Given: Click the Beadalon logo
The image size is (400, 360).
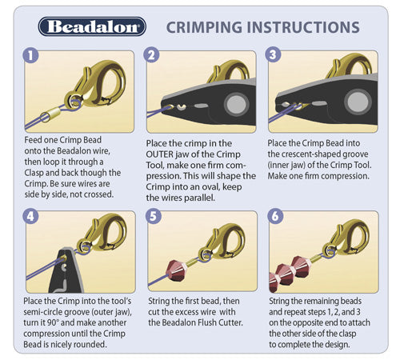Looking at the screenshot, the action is (92, 26).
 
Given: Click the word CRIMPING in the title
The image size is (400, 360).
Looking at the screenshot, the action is (204, 27).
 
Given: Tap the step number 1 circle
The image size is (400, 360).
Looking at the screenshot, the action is (30, 55).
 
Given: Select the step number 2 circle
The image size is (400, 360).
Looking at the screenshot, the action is (151, 55).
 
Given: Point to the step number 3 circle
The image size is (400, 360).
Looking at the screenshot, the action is (273, 54).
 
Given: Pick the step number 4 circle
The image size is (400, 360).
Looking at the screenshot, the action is (30, 216).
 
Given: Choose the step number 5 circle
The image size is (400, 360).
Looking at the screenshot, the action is (154, 216).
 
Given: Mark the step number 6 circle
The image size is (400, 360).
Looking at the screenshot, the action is (275, 216).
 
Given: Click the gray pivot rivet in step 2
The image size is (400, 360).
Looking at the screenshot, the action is (236, 103).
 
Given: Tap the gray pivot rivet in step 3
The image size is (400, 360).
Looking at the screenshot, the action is (358, 102).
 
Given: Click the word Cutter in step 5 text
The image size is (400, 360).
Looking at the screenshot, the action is (230, 322).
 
